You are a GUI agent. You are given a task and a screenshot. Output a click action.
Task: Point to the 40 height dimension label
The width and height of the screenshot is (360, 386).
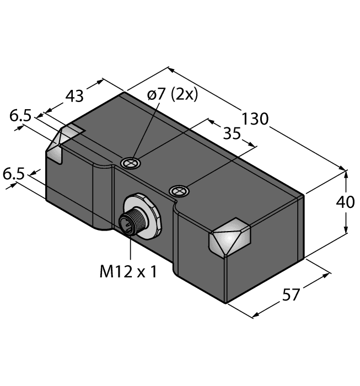(346, 202)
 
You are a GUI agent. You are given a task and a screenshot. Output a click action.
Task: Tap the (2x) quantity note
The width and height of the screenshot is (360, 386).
(184, 94)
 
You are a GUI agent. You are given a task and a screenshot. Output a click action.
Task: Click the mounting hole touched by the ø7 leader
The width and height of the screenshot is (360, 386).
(131, 162)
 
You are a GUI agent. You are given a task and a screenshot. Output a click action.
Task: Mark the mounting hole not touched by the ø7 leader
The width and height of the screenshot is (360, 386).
(179, 191)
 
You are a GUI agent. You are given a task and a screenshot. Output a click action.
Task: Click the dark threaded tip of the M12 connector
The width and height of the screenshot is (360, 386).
(126, 224)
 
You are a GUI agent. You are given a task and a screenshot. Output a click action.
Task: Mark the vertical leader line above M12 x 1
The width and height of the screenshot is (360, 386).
(130, 248)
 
